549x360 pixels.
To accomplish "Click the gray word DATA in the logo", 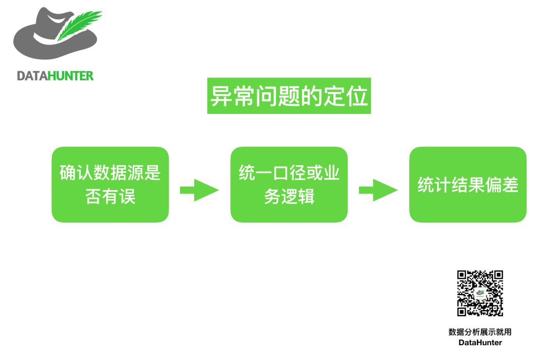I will (x=32, y=76).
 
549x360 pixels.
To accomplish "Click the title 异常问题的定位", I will (x=289, y=96).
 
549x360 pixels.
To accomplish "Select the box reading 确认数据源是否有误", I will (x=110, y=185).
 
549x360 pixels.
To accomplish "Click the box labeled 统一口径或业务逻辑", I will (x=289, y=185).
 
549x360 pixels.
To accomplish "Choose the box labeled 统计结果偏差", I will (x=468, y=185).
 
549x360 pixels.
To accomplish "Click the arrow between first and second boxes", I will (x=199, y=190).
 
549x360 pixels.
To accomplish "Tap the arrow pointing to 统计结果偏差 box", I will (x=378, y=190).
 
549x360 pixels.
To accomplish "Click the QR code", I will (x=480, y=293).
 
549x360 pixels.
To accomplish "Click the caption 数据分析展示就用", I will (x=480, y=332).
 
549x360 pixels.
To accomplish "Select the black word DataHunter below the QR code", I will (x=480, y=343).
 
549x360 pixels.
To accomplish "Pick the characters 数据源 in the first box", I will (x=110, y=173).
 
